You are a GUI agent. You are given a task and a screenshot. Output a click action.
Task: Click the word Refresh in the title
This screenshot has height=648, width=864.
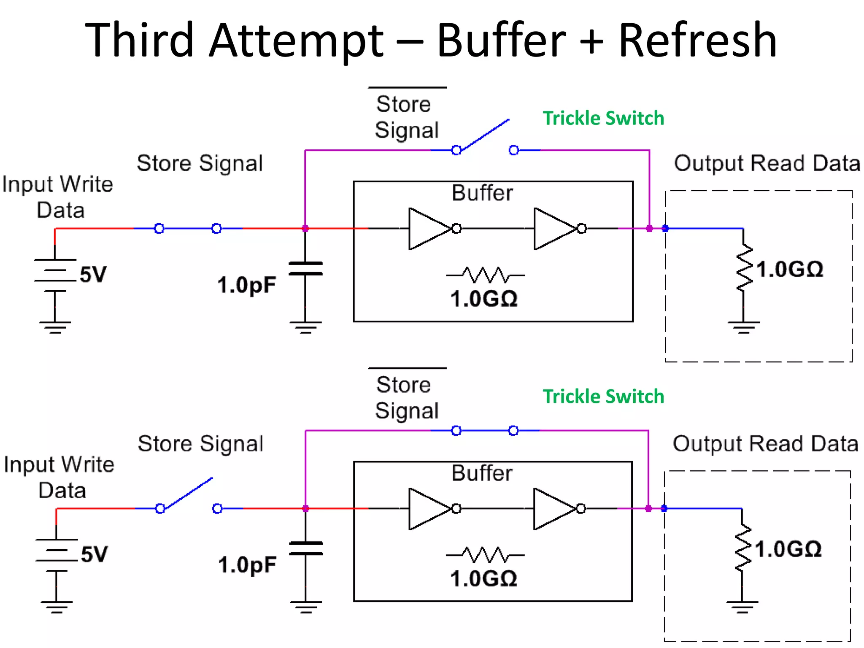click(x=697, y=41)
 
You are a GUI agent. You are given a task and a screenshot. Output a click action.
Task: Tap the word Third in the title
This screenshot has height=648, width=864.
click(x=139, y=41)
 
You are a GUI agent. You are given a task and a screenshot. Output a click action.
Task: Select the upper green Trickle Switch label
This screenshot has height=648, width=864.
click(x=603, y=118)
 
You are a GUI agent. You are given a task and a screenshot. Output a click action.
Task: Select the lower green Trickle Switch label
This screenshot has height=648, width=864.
click(x=603, y=397)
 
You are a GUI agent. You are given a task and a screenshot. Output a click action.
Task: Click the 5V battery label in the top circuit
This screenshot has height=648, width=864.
click(x=93, y=275)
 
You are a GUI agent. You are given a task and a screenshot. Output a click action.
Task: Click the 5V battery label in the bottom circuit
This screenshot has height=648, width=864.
click(x=94, y=554)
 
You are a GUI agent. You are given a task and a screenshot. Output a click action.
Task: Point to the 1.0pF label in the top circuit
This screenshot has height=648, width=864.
click(x=247, y=285)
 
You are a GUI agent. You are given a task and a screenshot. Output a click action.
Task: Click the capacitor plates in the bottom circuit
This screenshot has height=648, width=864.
click(x=306, y=548)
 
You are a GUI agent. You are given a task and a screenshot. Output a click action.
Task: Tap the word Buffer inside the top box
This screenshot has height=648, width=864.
click(x=482, y=193)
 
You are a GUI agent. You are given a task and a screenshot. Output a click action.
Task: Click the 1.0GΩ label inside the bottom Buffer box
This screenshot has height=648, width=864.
click(x=483, y=579)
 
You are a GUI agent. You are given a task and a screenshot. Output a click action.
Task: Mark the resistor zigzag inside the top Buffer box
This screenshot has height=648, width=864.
click(x=486, y=275)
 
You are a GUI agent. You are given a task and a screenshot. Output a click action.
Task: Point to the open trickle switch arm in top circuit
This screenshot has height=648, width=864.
click(x=485, y=135)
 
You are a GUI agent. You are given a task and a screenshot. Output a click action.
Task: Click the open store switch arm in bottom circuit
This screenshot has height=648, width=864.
click(x=189, y=493)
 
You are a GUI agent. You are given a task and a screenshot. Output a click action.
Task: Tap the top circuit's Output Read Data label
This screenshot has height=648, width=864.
click(x=767, y=164)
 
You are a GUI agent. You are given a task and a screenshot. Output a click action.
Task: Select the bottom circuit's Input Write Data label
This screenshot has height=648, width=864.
click(x=59, y=478)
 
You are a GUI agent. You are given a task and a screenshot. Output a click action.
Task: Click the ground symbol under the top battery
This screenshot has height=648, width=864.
click(x=55, y=327)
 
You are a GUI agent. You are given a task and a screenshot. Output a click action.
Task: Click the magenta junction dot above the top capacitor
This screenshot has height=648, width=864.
click(x=305, y=229)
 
